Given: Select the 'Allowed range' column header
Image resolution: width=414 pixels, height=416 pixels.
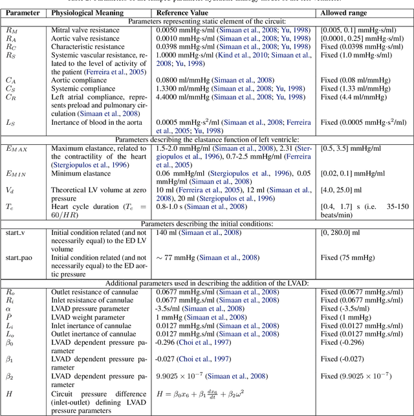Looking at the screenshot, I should tap(344, 12).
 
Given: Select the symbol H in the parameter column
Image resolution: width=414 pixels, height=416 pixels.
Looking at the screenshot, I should tap(10, 393).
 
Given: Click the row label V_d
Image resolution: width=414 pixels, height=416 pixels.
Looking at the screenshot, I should tap(10, 190).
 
